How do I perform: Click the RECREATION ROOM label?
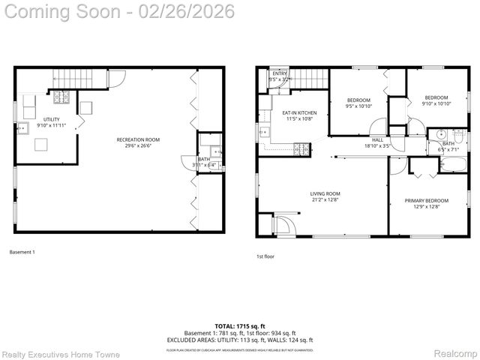(x=137, y=139)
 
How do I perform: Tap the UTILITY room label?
(x=51, y=119)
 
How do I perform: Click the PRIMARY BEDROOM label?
(x=426, y=200)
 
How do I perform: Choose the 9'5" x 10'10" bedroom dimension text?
(x=358, y=106)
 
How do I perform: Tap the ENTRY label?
(x=279, y=73)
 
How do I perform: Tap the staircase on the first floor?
(x=307, y=77)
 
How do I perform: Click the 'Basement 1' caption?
(x=22, y=252)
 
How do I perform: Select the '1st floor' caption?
(x=265, y=256)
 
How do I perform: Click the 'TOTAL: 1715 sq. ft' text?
(x=239, y=326)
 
